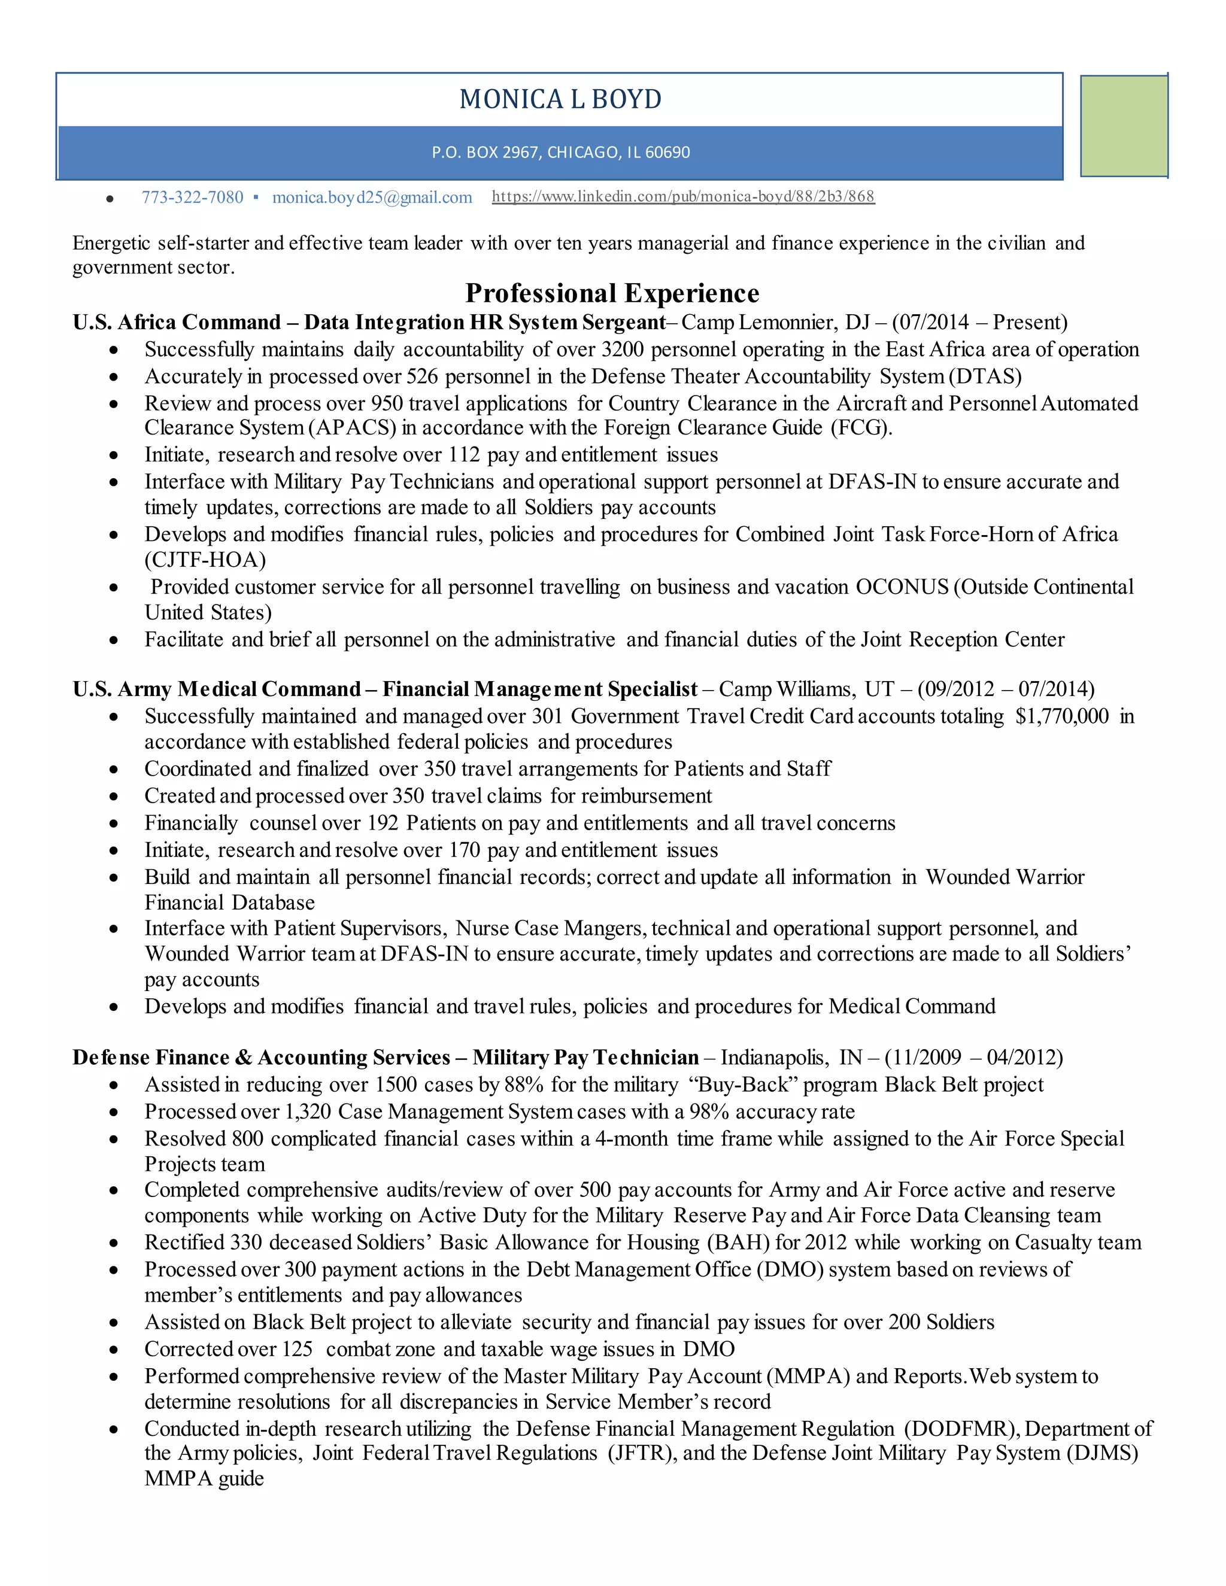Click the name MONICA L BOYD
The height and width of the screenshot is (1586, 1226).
click(x=560, y=99)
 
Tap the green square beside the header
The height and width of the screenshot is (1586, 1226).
click(x=1123, y=126)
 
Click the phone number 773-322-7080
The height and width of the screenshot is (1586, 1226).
click(x=193, y=198)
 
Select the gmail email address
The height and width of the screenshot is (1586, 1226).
click(x=372, y=198)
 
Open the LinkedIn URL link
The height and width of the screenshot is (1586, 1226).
click(x=682, y=196)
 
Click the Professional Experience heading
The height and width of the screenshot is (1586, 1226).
click(x=612, y=293)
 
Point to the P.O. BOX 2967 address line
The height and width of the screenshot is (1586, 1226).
click(x=560, y=153)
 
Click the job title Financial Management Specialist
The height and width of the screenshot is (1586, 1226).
click(x=539, y=689)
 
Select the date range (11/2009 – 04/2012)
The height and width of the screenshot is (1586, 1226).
click(x=973, y=1058)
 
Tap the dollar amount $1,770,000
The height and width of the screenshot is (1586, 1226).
click(x=1062, y=717)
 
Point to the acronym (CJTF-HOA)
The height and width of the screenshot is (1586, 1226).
click(x=205, y=560)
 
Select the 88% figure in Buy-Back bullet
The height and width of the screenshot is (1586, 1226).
click(x=524, y=1085)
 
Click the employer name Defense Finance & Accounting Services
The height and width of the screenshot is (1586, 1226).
click(x=262, y=1058)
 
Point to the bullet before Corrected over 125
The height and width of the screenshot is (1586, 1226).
click(x=113, y=1350)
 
